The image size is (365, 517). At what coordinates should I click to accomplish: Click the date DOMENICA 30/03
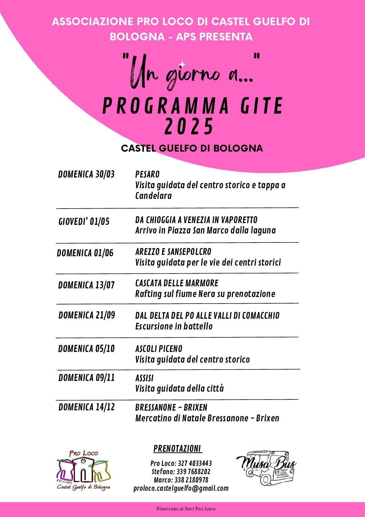[x=86, y=174]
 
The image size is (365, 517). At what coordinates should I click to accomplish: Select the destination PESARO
[x=147, y=174]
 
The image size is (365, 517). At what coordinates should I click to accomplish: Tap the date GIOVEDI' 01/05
[x=84, y=221]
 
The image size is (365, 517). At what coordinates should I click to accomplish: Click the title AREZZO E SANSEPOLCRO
[x=173, y=252]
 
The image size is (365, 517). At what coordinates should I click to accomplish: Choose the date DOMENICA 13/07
[x=86, y=285]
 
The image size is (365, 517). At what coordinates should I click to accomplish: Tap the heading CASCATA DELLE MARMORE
[x=176, y=283]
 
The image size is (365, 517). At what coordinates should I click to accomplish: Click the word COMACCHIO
[x=261, y=316]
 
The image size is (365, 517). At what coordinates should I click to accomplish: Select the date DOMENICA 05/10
[x=86, y=349]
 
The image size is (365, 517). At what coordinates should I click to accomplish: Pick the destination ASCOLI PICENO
[x=159, y=349]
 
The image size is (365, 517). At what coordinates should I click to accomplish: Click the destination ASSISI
[x=144, y=378]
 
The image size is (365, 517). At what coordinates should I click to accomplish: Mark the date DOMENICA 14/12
[x=86, y=407]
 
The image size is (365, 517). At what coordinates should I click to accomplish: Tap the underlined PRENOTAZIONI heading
[x=177, y=449]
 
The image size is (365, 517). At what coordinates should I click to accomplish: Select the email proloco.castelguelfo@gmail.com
[x=181, y=488]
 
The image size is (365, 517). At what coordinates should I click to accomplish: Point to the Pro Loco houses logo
[x=83, y=470]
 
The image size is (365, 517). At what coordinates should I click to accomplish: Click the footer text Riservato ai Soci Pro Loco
[x=185, y=509]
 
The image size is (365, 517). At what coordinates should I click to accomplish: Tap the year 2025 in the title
[x=189, y=126]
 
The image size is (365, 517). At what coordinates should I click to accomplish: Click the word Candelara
[x=153, y=196]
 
